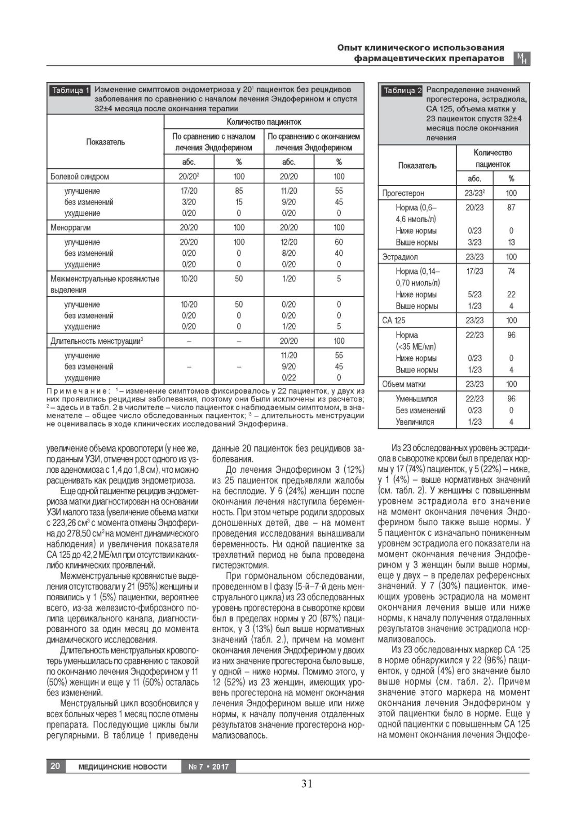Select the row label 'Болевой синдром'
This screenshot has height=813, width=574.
coord(80,177)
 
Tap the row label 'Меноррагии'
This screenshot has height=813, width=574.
coord(70,227)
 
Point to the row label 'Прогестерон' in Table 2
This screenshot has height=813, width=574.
coord(403,193)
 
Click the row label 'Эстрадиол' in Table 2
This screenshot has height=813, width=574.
coord(400,257)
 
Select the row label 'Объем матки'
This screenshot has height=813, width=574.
coord(404,384)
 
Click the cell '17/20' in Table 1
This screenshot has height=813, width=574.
coord(189,191)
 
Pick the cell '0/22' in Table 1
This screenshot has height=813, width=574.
coord(289,378)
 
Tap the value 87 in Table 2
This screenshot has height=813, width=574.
coord(511,208)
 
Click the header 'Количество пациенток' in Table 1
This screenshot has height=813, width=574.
coord(264,122)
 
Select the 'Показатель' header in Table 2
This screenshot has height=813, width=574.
coord(417,166)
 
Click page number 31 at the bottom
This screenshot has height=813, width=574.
coord(307,783)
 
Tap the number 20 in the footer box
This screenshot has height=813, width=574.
coord(55,766)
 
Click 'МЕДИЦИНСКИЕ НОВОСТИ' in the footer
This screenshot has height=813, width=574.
coord(123,766)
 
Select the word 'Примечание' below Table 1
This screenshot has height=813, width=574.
coord(78,391)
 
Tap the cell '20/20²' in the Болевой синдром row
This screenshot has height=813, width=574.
coord(189,177)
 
